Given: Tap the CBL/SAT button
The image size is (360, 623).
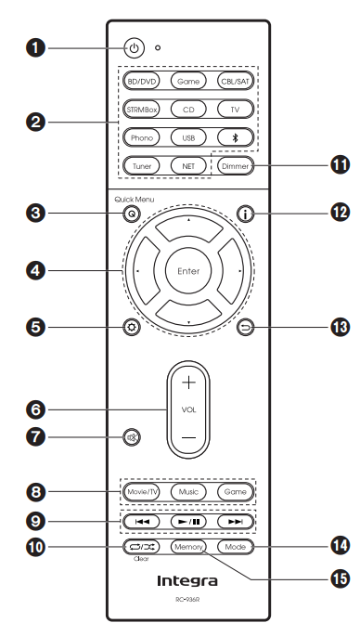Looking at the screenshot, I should (x=234, y=82).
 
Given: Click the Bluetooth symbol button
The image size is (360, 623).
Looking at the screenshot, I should (x=234, y=138).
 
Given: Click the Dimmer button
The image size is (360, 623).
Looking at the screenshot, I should (x=234, y=166).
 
